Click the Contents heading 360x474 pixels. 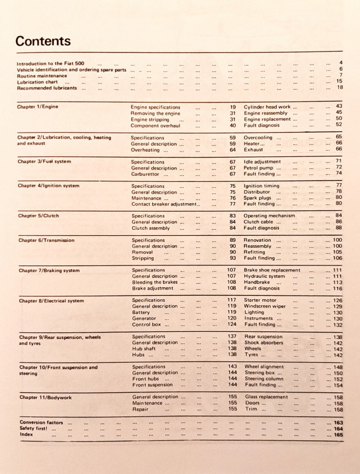pos(43,41)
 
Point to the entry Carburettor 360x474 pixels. pos(150,174)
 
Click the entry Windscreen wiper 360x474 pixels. pos(265,306)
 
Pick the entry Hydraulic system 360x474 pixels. pos(264,276)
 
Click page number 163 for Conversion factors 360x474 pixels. pos(338,422)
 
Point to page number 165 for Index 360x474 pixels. pos(338,435)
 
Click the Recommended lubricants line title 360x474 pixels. pos(47,88)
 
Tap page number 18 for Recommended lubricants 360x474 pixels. pos(340,87)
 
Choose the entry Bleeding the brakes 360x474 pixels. pos(155,282)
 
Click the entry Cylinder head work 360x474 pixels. pos(267,107)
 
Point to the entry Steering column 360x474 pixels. pos(264,379)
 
